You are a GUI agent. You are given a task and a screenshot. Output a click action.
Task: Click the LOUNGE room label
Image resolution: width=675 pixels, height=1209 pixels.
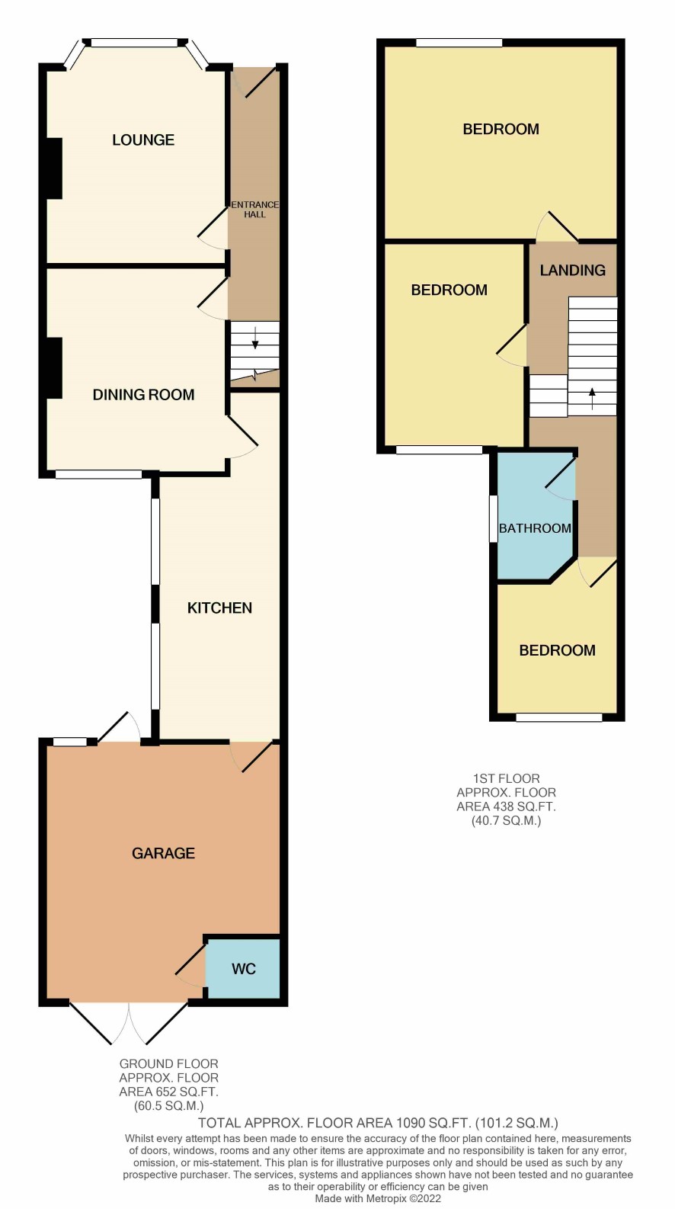pos(143,140)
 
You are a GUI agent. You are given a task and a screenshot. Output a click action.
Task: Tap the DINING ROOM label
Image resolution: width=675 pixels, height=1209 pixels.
pos(143,395)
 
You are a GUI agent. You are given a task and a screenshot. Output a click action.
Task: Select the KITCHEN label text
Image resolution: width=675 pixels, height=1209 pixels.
pos(219,608)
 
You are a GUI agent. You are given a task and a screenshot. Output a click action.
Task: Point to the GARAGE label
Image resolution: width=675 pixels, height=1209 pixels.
pos(164,853)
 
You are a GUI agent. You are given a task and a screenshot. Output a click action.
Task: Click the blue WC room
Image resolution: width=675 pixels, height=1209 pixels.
pos(243,969)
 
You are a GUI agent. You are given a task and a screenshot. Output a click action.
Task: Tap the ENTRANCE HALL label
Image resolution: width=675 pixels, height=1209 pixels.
pos(254,210)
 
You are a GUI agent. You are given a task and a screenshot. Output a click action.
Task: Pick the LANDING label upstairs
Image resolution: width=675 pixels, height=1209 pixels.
pos(572,271)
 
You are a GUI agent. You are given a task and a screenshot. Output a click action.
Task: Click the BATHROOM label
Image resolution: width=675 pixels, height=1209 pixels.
pos(535,528)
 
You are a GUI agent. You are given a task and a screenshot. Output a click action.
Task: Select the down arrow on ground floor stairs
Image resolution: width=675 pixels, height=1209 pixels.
pos(255,337)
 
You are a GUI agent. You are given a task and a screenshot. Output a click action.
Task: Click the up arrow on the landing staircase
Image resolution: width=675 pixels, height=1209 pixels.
pos(592,399)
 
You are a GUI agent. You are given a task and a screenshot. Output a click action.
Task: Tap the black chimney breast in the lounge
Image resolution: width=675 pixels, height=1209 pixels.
pos(54,168)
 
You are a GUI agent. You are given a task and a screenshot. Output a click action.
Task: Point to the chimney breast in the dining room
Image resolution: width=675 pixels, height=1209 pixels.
pos(54,368)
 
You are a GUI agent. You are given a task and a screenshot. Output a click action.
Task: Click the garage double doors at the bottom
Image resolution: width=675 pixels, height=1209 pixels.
pos(129,1023)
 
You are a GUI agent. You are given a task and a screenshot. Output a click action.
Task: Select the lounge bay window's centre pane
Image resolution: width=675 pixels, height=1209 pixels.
pos(134,43)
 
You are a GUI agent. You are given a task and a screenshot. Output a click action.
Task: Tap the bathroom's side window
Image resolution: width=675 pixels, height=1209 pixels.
pos(493,518)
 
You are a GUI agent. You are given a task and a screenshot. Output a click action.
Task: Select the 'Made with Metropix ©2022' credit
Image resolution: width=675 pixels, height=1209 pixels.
pos(378,1198)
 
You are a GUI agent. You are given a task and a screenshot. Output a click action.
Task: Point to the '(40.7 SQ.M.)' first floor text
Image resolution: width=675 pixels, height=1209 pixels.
pos(506,821)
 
